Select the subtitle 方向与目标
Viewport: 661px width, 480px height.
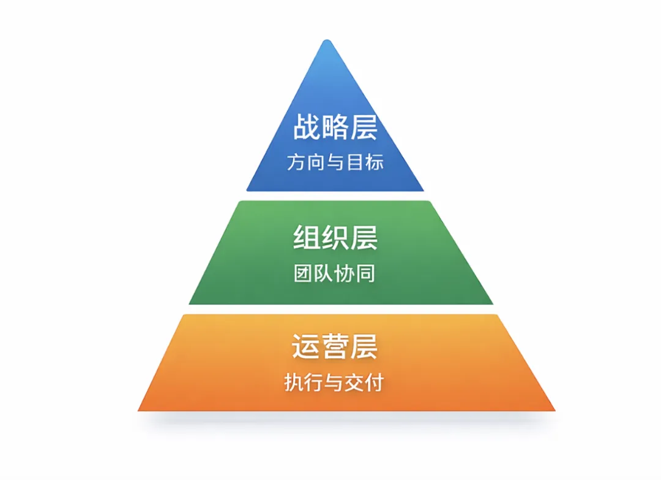[x=334, y=162]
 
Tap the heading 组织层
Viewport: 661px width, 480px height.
[x=334, y=237]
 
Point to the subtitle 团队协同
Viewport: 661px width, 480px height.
[x=334, y=273]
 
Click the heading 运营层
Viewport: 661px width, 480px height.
[x=334, y=347]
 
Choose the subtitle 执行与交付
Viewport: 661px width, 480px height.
[x=334, y=383]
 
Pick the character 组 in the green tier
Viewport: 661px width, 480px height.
[x=306, y=237]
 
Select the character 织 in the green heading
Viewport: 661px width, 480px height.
[x=335, y=237]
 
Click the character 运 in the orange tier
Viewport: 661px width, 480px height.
[x=305, y=347]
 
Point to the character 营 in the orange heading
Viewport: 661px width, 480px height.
[x=335, y=347]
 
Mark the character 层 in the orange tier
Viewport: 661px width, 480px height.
[x=364, y=347]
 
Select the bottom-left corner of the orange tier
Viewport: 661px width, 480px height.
[x=140, y=410]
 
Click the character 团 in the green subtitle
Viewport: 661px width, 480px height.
[x=304, y=273]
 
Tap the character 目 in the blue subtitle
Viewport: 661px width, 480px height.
[x=355, y=162]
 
